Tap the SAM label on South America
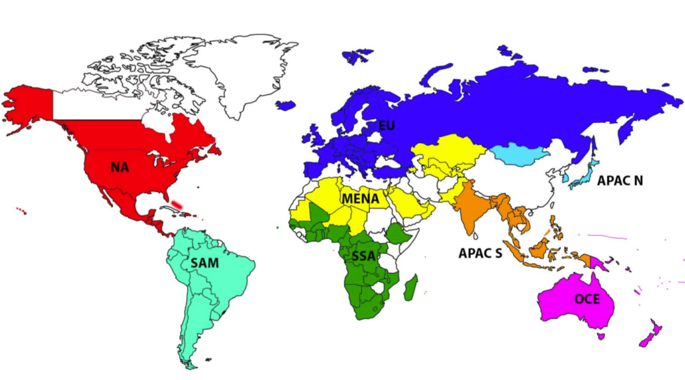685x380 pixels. click(x=204, y=263)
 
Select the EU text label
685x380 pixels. click(x=387, y=125)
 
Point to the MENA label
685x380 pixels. click(x=361, y=199)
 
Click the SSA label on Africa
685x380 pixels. click(x=363, y=255)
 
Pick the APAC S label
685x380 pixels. click(x=480, y=254)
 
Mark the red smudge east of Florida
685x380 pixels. click(x=177, y=203)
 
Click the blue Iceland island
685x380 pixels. click(x=286, y=105)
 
